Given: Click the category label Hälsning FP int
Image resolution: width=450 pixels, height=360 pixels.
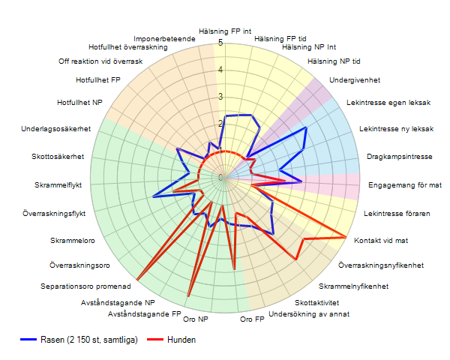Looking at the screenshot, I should [225, 31].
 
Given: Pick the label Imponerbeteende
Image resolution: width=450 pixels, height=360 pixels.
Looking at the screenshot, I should [165, 38].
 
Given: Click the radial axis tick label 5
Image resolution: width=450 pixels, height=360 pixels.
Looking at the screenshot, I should [220, 43].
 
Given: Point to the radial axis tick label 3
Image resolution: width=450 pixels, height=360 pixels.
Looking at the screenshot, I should [220, 97].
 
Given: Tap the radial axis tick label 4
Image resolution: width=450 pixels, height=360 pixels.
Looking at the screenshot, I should [220, 70].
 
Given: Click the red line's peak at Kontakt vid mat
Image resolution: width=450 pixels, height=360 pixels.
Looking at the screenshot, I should [346, 238].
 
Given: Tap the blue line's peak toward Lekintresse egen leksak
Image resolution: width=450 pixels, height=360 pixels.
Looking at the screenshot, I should [306, 129].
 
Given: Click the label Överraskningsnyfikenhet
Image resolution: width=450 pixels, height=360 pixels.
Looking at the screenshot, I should [381, 265].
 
